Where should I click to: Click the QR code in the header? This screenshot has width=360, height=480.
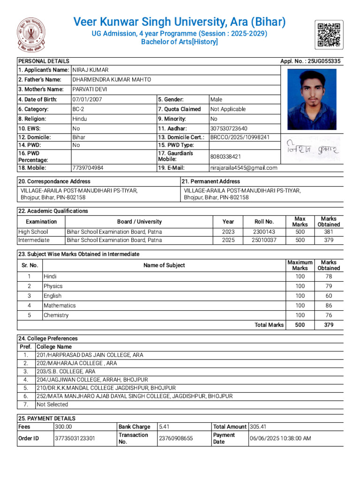click(x=329, y=34)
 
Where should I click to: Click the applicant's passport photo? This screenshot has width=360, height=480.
click(x=312, y=99)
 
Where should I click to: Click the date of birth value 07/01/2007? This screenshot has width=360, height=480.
click(x=87, y=99)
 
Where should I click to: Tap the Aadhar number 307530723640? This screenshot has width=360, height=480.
click(x=229, y=128)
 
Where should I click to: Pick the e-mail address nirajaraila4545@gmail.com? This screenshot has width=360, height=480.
click(x=244, y=168)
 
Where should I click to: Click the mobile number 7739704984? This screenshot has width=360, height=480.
click(x=88, y=168)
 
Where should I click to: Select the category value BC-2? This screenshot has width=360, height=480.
click(x=79, y=109)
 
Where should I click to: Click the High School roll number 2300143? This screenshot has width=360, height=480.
click(x=264, y=232)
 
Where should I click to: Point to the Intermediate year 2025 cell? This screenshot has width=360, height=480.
click(x=228, y=240)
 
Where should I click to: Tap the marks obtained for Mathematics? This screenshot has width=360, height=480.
click(x=329, y=306)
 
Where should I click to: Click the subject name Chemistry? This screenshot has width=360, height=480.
click(x=56, y=315)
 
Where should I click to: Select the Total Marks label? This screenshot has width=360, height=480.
click(x=269, y=325)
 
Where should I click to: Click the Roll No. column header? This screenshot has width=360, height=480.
click(x=264, y=222)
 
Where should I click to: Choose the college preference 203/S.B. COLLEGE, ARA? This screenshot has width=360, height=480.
click(x=66, y=371)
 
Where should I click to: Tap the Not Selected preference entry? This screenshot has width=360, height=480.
click(x=52, y=404)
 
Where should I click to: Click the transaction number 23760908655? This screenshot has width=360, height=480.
click(x=176, y=438)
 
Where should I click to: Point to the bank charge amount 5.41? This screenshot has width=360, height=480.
click(x=165, y=427)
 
